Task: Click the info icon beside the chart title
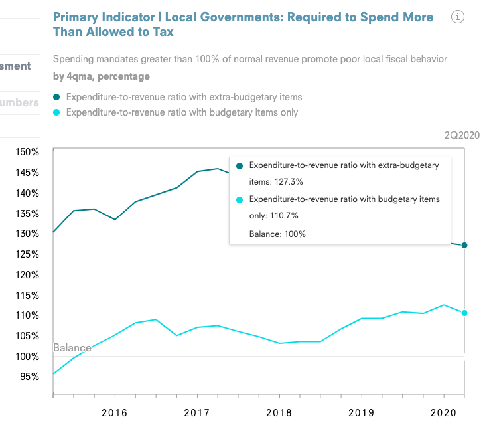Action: pyautogui.click(x=457, y=17)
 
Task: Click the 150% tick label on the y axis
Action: pyautogui.click(x=27, y=152)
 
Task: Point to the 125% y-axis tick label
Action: pyautogui.click(x=27, y=255)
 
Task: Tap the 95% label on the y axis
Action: pyautogui.click(x=30, y=377)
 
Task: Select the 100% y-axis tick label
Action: pyautogui.click(x=27, y=357)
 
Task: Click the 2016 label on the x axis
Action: pyautogui.click(x=113, y=413)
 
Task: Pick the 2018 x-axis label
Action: pyautogui.click(x=279, y=413)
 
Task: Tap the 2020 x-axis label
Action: pyautogui.click(x=443, y=413)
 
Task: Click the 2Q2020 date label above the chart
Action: pyautogui.click(x=461, y=135)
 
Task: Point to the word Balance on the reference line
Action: pyautogui.click(x=72, y=348)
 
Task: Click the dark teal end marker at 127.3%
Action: pyautogui.click(x=464, y=246)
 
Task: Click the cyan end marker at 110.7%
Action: pyautogui.click(x=464, y=313)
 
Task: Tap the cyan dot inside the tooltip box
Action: pyautogui.click(x=239, y=199)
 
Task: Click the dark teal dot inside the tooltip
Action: pyautogui.click(x=239, y=165)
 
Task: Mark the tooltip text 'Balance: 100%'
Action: pyautogui.click(x=277, y=234)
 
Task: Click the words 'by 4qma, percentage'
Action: pyautogui.click(x=101, y=76)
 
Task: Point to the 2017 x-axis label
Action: pyautogui.click(x=196, y=413)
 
